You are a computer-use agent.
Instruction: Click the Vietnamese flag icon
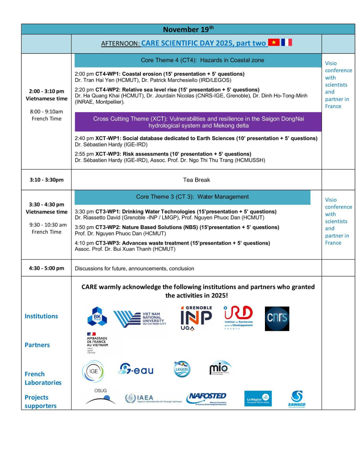[274, 42]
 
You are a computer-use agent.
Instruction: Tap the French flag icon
[287, 42]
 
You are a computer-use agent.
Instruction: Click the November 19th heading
[188, 29]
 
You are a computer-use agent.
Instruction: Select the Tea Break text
[196, 180]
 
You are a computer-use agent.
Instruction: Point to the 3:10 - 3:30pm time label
[47, 180]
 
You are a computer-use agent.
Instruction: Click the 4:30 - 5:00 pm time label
[47, 268]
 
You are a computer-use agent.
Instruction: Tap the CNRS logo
[277, 318]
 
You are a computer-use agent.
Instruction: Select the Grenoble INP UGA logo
[196, 318]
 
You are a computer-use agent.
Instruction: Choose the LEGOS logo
[182, 369]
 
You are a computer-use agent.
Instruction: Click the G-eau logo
[136, 369]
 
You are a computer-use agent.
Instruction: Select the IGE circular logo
[93, 372]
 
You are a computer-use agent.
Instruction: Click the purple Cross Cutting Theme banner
[198, 122]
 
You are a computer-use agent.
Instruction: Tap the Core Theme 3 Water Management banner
[192, 197]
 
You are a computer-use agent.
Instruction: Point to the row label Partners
[37, 345]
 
